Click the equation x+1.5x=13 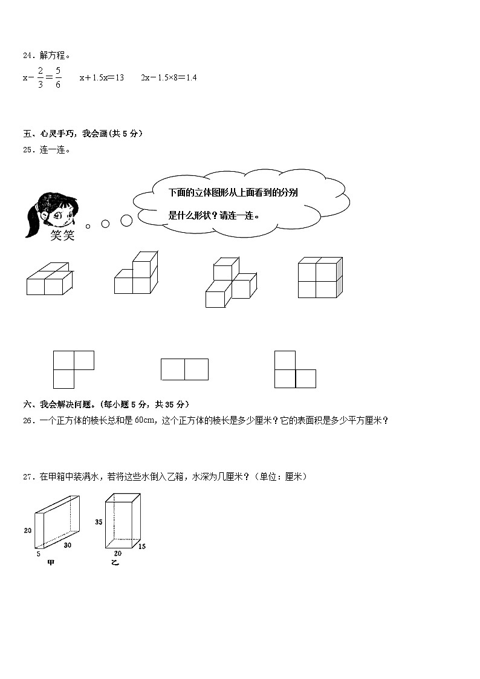click(102, 77)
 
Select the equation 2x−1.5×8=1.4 click(169, 77)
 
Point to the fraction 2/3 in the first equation click(41, 78)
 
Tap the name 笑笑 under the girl click(62, 235)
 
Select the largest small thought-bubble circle click(126, 221)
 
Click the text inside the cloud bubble click(233, 203)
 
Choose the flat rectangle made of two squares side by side click(184, 369)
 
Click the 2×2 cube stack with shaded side click(320, 278)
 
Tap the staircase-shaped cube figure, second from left click(136, 275)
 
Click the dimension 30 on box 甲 click(67, 545)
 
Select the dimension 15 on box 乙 click(141, 547)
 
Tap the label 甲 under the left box click(51, 563)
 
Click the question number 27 click(28, 477)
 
